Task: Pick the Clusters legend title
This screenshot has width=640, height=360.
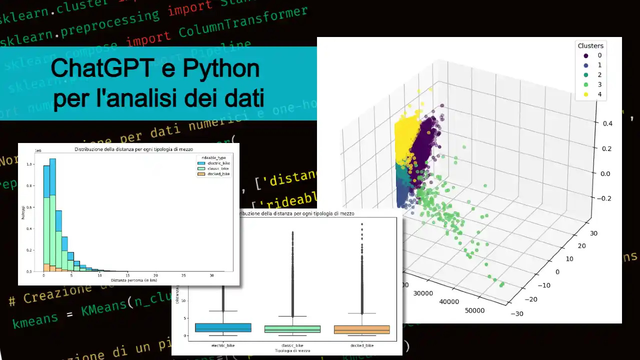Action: point(590,45)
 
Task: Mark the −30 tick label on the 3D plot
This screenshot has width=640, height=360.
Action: point(517,313)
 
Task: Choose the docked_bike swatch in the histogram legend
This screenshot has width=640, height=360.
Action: point(201,174)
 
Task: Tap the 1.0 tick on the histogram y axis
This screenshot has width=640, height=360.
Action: point(31,164)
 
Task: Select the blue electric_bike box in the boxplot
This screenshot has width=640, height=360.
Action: point(223,327)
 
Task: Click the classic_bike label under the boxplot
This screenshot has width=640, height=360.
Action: point(292,345)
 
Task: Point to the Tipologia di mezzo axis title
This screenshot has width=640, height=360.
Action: point(292,351)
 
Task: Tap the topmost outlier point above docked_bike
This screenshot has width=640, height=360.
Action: point(361,224)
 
